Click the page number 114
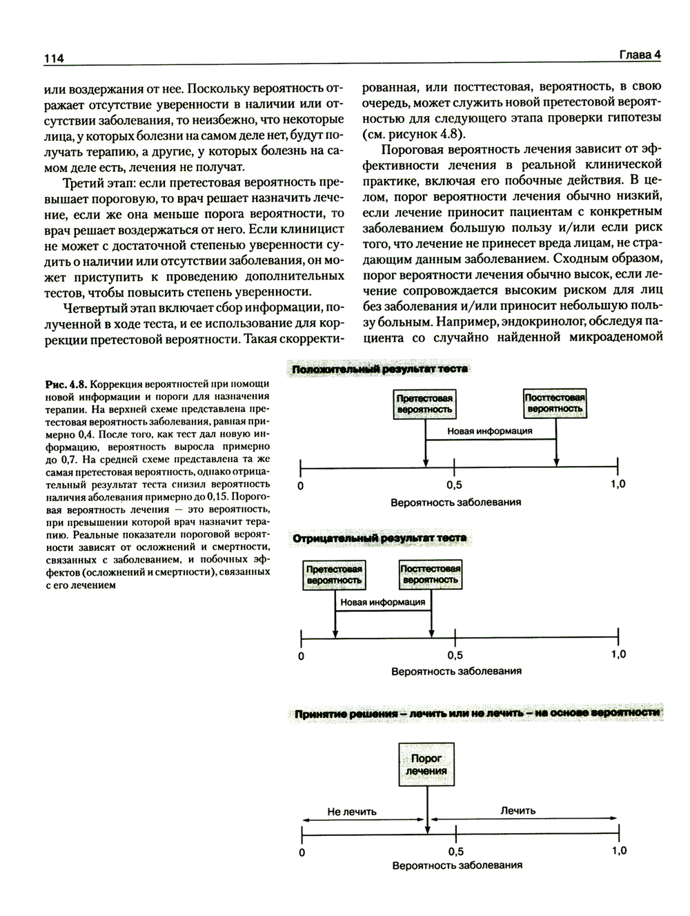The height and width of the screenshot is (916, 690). coord(54,59)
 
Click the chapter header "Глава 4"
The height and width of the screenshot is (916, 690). coord(639,55)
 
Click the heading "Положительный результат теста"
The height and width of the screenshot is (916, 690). coord(379,369)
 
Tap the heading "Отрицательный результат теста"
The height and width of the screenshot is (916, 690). coord(379,538)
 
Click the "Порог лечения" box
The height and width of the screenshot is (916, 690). coord(426,764)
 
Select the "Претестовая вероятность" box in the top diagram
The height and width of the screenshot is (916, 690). coord(425,404)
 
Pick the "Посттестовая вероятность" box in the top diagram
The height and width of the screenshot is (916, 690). coord(555,403)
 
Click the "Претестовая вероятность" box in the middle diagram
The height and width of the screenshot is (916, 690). coord(335,574)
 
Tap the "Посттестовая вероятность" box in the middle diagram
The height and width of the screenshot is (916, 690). coord(431,574)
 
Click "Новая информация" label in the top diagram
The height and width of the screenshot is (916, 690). coord(490,431)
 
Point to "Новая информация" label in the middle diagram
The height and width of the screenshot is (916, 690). coord(383,602)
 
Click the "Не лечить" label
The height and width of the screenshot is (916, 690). coord(352,812)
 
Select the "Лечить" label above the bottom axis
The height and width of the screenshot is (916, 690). coord(518,810)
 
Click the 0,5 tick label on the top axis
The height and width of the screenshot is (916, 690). coord(454,485)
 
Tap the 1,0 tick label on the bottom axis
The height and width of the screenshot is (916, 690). coord(619,850)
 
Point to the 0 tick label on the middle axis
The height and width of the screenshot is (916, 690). coord(301,656)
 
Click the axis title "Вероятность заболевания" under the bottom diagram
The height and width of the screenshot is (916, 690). coord(457,865)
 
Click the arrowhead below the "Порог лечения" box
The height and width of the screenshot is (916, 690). coord(428,828)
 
